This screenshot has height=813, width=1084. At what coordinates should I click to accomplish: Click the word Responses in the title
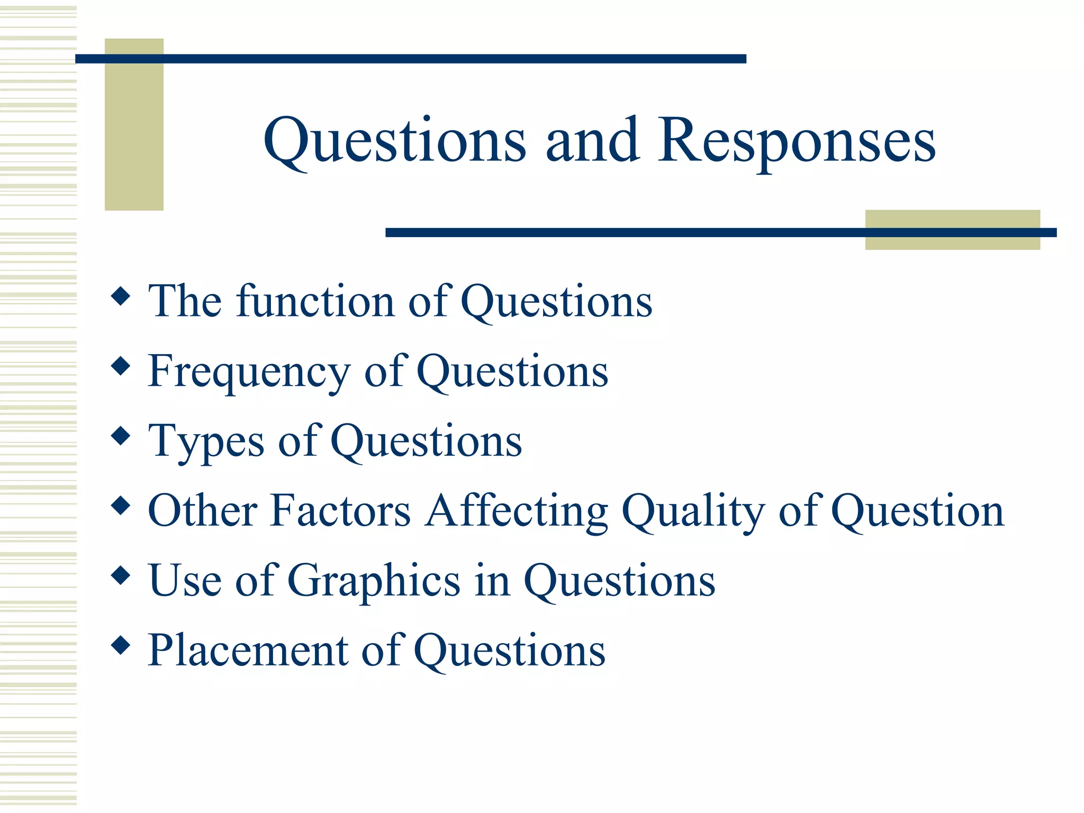[x=797, y=141]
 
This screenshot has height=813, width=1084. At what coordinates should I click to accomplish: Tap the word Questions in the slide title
[x=395, y=141]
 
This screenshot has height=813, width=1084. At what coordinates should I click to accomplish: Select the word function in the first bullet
[x=315, y=301]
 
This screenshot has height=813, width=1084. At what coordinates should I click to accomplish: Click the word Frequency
[x=249, y=372]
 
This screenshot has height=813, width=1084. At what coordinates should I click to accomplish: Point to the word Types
[x=206, y=442]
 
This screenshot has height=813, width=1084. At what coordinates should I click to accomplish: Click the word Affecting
[x=517, y=511]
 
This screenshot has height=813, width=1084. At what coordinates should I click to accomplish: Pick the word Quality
[x=693, y=511]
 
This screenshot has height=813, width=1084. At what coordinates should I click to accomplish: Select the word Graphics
[x=374, y=581]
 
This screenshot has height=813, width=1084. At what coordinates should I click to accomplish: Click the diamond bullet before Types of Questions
[x=121, y=436]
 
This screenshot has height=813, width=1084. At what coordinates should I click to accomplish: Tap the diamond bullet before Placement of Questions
[x=121, y=645]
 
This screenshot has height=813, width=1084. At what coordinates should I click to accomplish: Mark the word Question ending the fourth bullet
[x=918, y=511]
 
